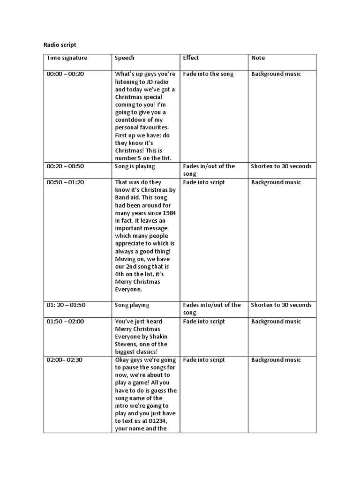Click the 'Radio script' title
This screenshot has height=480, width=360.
pyautogui.click(x=60, y=45)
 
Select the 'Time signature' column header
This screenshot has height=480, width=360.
pyautogui.click(x=67, y=58)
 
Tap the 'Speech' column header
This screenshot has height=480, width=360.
pyautogui.click(x=125, y=58)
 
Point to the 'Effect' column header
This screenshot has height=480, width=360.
pyautogui.click(x=191, y=58)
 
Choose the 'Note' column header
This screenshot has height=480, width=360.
pyautogui.click(x=258, y=58)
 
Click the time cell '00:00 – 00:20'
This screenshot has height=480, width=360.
pyautogui.click(x=65, y=74)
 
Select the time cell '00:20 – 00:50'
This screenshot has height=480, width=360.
pyautogui.click(x=65, y=166)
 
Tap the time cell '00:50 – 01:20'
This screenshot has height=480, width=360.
pyautogui.click(x=65, y=182)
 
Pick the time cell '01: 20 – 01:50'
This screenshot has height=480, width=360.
pyautogui.click(x=66, y=305)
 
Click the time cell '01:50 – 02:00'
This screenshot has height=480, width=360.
pyautogui.click(x=65, y=322)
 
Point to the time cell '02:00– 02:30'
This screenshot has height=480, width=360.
pyautogui.click(x=65, y=360)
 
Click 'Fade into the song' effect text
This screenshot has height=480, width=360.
pyautogui.click(x=208, y=74)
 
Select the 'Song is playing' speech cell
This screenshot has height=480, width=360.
pyautogui.click(x=135, y=166)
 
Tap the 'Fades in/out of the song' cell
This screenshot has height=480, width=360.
pyautogui.click(x=209, y=170)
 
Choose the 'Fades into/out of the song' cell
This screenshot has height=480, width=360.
pyautogui.click(x=211, y=308)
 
